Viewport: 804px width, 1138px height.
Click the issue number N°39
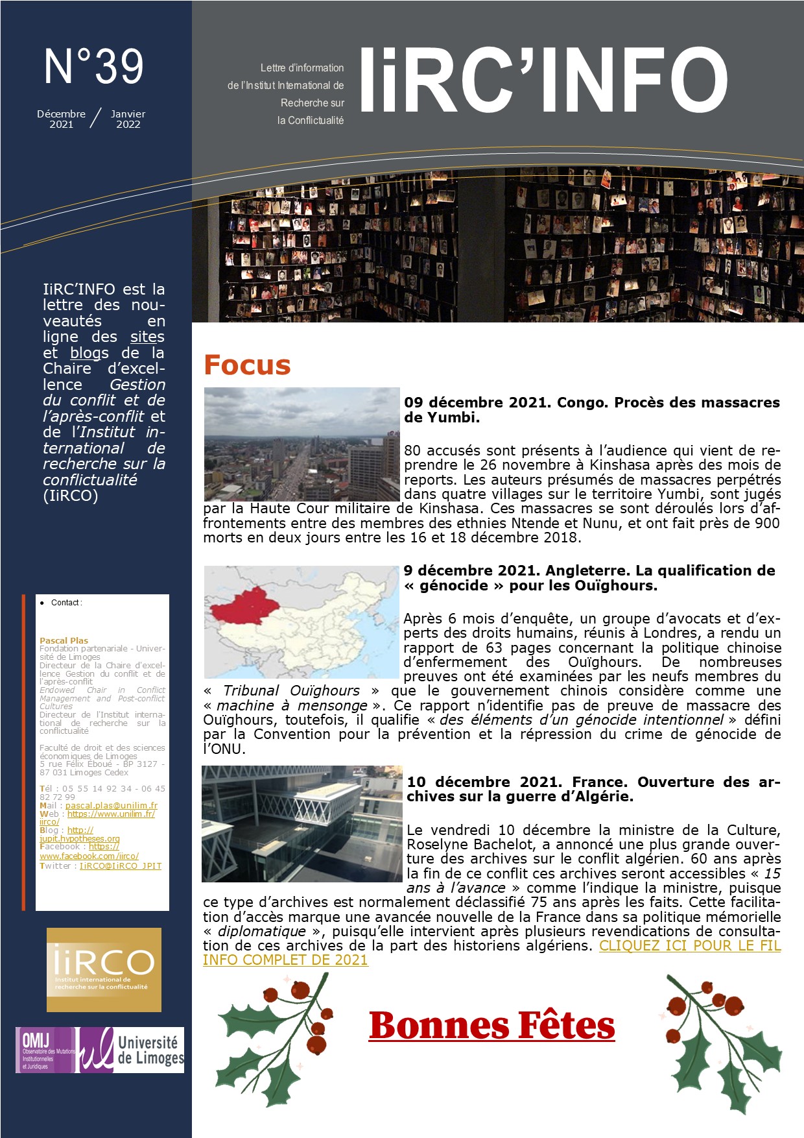click(94, 67)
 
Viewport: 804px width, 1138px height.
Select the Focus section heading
click(247, 365)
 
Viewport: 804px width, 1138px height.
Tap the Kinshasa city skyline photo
click(301, 444)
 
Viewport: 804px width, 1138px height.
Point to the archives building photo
click(301, 823)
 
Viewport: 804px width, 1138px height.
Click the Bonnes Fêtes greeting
click(491, 1026)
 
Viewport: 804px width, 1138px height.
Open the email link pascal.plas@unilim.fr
click(112, 805)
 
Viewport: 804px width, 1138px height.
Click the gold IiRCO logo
click(104, 969)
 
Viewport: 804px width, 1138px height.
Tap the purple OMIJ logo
click(45, 1050)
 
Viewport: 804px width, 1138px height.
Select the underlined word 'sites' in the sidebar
click(147, 337)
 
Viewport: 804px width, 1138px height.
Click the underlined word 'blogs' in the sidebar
click(89, 353)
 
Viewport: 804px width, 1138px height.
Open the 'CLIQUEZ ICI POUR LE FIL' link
click(690, 945)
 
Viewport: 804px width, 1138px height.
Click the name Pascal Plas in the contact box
click(64, 640)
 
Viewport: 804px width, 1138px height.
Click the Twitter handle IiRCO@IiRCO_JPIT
click(121, 866)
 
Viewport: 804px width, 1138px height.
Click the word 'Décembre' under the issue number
click(61, 114)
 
